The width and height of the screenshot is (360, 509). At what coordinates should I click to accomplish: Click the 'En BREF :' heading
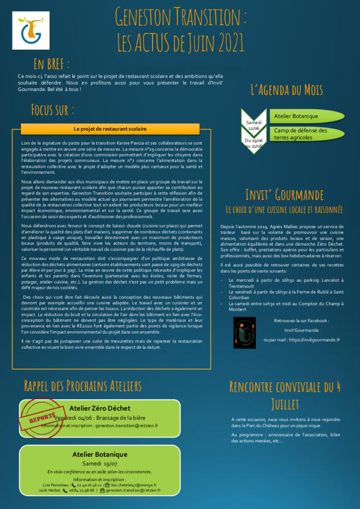[51, 64]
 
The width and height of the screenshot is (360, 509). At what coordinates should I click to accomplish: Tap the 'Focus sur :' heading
[53, 109]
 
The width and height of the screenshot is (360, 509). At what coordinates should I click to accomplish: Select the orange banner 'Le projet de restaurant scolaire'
[110, 129]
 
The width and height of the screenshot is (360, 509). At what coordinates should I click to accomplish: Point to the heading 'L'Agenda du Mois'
[287, 90]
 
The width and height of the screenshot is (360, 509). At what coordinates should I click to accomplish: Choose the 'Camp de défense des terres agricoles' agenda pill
[304, 134]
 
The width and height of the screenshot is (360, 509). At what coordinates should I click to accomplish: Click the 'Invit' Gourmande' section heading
[284, 194]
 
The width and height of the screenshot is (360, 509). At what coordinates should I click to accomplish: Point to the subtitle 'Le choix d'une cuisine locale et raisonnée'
[284, 209]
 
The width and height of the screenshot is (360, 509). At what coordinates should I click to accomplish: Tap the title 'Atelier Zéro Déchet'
[99, 409]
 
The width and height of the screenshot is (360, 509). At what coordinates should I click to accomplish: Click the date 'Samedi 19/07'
[99, 463]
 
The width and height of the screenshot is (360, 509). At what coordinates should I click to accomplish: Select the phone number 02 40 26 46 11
[90, 485]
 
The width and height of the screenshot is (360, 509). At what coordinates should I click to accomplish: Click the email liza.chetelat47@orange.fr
[134, 485]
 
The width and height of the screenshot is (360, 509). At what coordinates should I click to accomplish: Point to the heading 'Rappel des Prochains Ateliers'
[83, 386]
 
